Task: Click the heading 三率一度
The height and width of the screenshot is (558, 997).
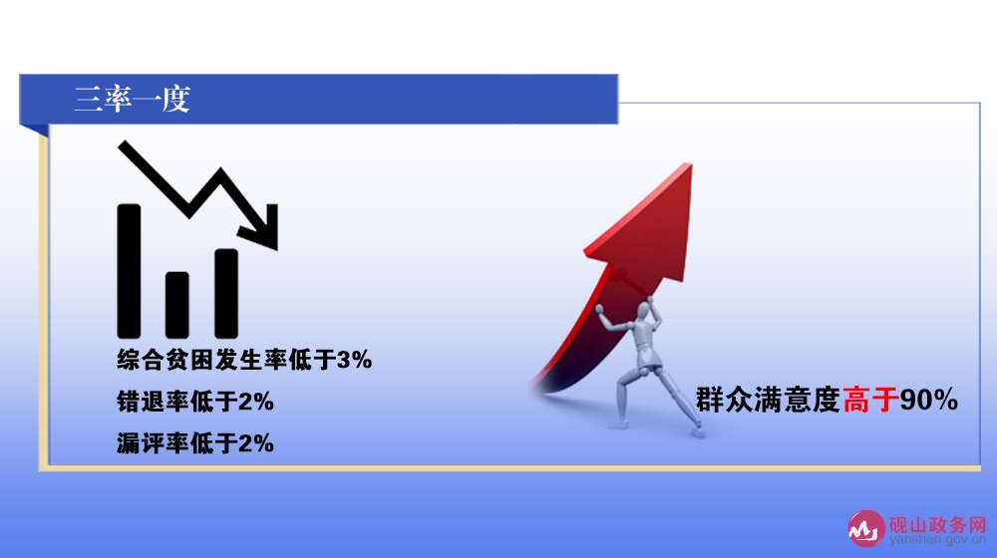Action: point(133,99)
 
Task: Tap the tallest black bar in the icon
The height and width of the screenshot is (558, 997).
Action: point(129,271)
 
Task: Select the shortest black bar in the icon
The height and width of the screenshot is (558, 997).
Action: point(176,305)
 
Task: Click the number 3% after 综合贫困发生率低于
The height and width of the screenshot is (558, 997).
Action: point(354,361)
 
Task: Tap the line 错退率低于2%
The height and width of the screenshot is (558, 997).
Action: point(195,402)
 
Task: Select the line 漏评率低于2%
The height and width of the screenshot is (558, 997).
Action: point(195,443)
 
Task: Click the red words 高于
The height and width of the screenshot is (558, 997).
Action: point(870,400)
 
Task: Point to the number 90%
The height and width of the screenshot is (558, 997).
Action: point(929,400)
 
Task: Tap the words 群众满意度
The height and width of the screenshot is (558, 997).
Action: point(768,400)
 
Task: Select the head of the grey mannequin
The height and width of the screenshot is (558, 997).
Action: point(643,312)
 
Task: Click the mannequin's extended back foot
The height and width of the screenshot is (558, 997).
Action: point(698,431)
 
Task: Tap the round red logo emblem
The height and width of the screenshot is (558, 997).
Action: point(865,528)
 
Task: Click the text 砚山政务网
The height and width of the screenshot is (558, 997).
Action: point(937,525)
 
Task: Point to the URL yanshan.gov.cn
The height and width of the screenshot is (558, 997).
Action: point(938,540)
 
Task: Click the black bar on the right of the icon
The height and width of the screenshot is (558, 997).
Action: point(226,294)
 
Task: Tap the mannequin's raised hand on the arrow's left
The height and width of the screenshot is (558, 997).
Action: point(599,309)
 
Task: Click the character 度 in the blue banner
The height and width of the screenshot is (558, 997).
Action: point(175,99)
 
